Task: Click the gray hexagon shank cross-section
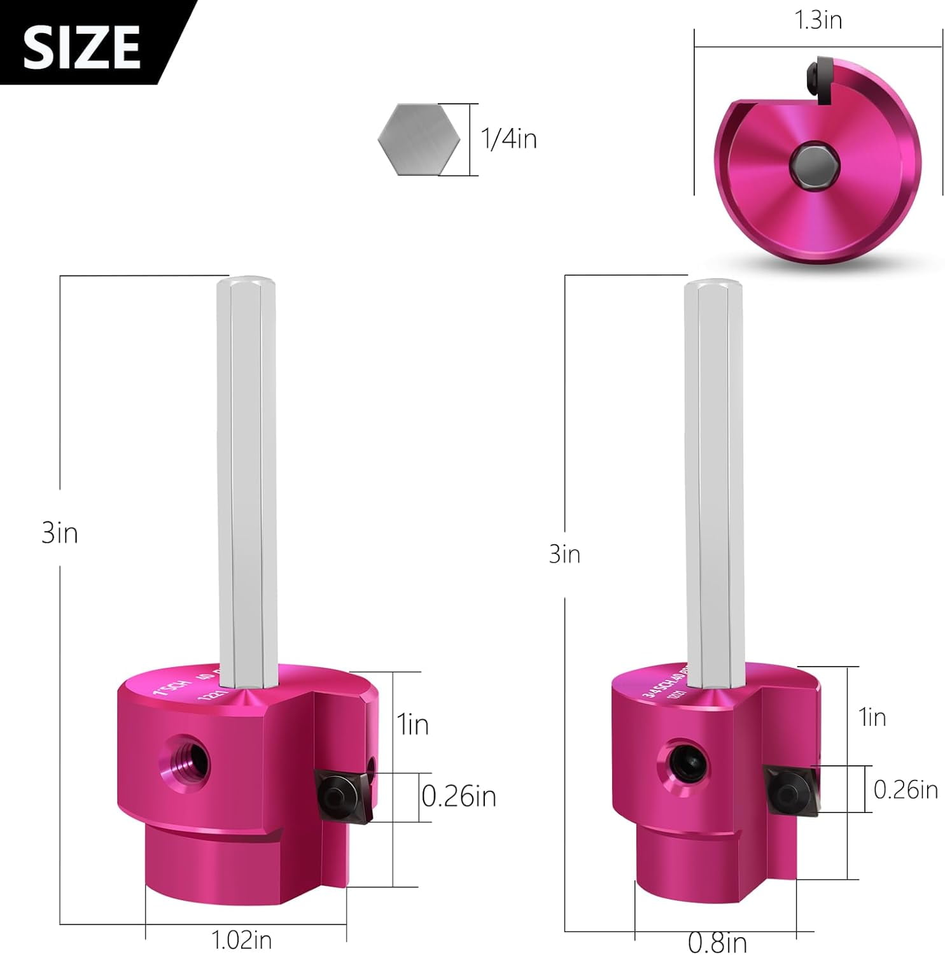(419, 139)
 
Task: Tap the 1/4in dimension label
(508, 139)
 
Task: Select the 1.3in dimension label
(818, 20)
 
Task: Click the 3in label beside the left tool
(60, 533)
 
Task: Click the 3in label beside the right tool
(564, 554)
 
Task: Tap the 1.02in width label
(241, 940)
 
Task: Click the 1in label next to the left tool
(413, 725)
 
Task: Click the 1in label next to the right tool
(872, 718)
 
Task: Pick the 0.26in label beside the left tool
(459, 796)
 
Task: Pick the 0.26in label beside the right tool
(905, 790)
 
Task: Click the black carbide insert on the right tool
(789, 789)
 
